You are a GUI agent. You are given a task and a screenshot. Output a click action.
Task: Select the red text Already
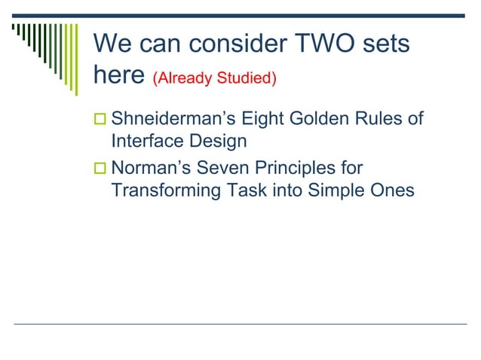(x=180, y=78)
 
